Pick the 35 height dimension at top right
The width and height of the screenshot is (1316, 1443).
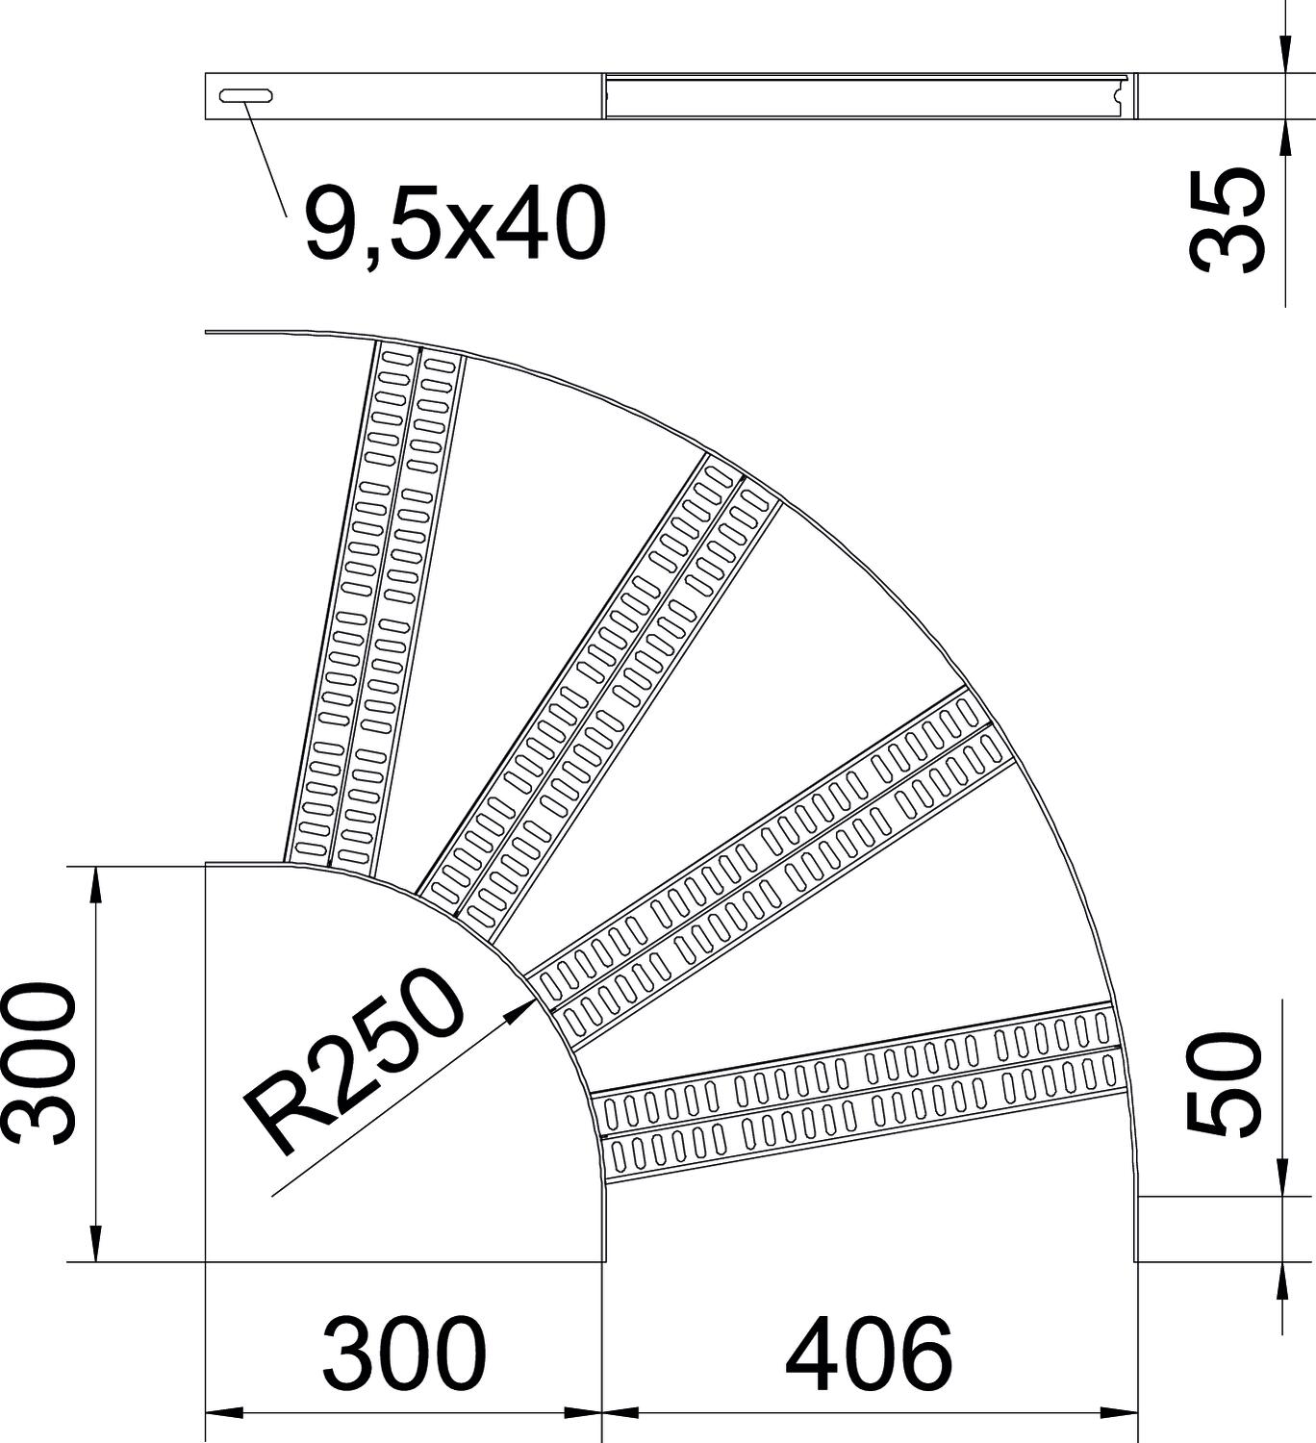(x=1226, y=221)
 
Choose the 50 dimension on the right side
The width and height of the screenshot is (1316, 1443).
(x=1226, y=1085)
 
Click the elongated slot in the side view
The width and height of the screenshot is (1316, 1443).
(x=245, y=95)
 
